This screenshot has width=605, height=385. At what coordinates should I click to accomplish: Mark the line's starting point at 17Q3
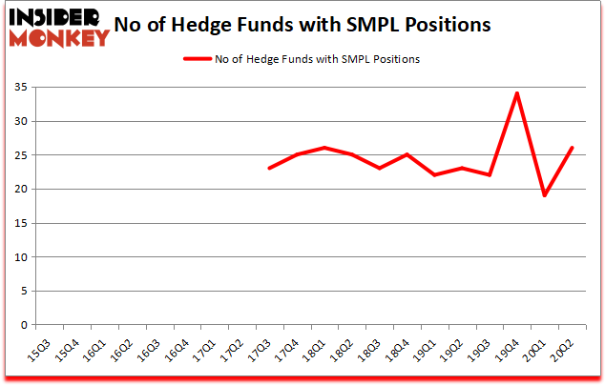point(270,168)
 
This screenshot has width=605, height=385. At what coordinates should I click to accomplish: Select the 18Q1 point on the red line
point(325,148)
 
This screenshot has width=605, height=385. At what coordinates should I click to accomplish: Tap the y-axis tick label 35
point(20,88)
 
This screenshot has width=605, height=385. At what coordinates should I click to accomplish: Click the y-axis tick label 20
point(20,189)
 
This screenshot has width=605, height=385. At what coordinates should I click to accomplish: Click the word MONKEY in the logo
point(60,39)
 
